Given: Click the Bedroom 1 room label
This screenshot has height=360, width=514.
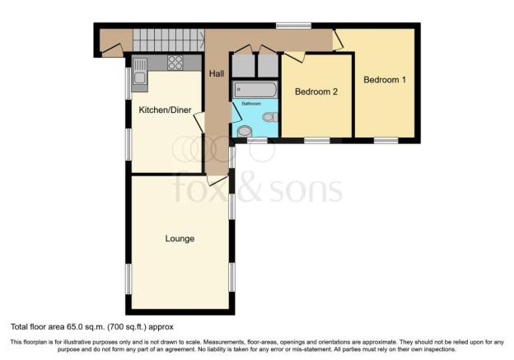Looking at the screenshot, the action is point(385,80).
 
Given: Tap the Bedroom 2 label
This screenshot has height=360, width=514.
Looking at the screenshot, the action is point(316,91).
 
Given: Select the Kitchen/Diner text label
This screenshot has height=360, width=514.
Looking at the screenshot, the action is point(165,110).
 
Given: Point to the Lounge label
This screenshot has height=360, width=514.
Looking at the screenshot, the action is point(180,238).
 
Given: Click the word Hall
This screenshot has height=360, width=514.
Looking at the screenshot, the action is point(217,74).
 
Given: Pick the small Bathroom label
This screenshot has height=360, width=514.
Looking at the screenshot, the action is point(251,104).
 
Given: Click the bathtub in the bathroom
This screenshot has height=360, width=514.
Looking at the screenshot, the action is point(255,90).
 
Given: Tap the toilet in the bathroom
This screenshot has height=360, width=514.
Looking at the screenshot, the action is point(270,117).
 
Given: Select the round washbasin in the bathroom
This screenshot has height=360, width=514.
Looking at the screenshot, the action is point(244,131).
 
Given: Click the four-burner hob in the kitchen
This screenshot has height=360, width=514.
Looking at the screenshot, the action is point(175,63).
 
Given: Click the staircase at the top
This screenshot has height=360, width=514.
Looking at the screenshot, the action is point(169,40).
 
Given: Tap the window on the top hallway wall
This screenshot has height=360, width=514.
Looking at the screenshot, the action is point(293,26).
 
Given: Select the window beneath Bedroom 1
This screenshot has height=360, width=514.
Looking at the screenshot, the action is point(385,141).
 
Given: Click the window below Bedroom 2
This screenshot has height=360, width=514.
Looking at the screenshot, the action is point(317,141).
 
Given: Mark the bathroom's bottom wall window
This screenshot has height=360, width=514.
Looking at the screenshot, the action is point(257,141).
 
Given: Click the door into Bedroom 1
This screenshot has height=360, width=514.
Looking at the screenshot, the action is point(338,40).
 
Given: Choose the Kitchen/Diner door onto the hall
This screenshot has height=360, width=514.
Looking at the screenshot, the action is point(199,123).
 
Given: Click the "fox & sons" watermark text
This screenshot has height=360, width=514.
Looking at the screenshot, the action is point(258,189).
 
